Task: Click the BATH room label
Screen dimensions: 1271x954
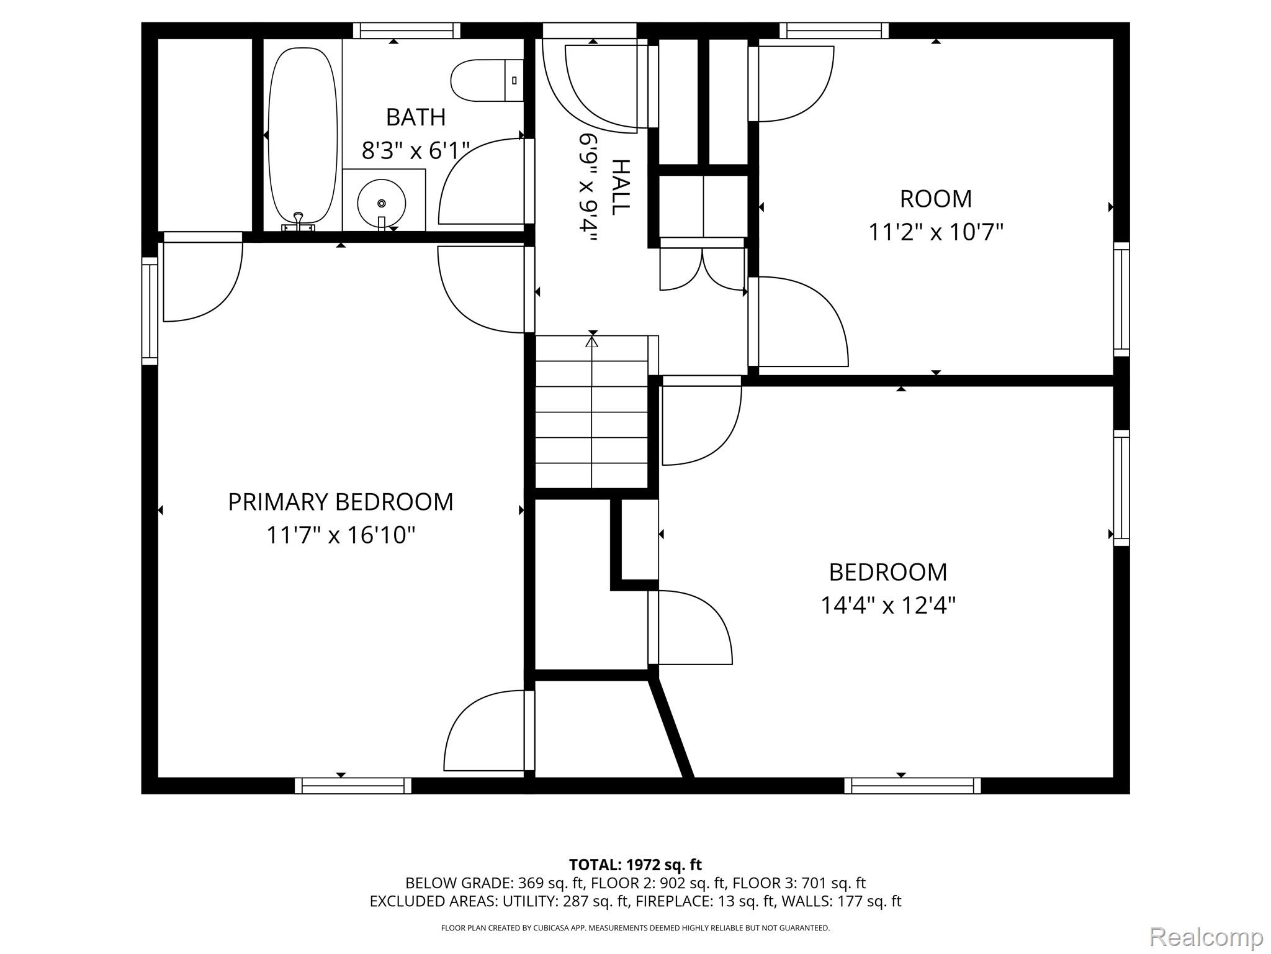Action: pos(416,117)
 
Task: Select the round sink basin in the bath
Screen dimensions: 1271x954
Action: pos(382,203)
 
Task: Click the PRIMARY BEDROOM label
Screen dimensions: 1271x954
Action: pos(341,502)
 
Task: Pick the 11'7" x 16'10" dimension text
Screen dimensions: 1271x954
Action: pos(341,535)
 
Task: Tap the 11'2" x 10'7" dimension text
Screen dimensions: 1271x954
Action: pos(935,232)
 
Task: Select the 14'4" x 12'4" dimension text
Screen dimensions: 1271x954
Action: pos(888,605)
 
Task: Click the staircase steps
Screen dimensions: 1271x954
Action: pos(592,412)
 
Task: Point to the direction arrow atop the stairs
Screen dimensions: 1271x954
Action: pos(592,341)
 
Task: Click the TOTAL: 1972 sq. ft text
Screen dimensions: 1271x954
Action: pos(635,865)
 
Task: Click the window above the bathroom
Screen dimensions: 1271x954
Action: pos(407,30)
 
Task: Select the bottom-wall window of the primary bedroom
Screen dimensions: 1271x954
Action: pos(353,786)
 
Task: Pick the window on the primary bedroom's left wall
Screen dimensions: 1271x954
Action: pos(150,311)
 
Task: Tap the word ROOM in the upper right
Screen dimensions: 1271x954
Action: pos(936,199)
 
